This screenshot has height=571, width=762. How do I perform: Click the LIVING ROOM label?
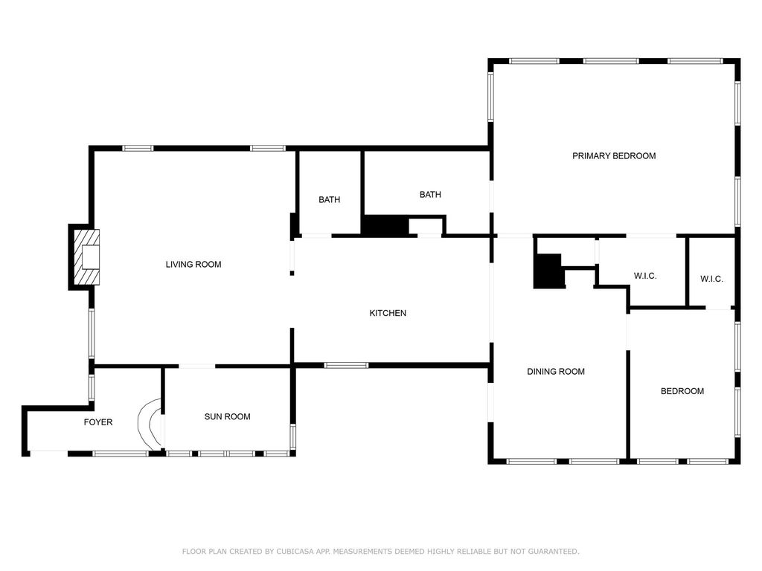click(x=193, y=265)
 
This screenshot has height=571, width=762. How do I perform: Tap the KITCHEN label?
click(x=388, y=313)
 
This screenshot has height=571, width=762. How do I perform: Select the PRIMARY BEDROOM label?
click(x=614, y=156)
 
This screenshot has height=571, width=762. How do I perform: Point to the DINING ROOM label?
click(x=556, y=372)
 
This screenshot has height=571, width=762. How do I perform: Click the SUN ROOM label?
click(x=228, y=416)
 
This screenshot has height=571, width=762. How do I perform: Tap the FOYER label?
click(x=98, y=422)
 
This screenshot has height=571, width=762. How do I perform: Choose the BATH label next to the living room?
click(x=330, y=199)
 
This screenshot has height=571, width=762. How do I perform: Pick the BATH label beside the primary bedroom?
click(x=431, y=195)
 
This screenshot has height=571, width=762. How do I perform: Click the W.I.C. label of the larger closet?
click(x=645, y=276)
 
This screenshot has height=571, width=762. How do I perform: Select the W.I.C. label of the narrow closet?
click(x=712, y=279)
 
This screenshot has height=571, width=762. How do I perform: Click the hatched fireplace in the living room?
click(x=86, y=257)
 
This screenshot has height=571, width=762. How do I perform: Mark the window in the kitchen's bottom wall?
click(x=347, y=365)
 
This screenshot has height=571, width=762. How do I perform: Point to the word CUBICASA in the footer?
click(x=295, y=552)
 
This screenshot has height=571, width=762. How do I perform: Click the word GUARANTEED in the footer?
click(x=554, y=552)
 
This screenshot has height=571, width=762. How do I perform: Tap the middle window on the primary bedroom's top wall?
click(x=612, y=61)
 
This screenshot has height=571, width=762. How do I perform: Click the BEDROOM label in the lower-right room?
click(x=682, y=391)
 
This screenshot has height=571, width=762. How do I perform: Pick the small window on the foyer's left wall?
click(x=92, y=387)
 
